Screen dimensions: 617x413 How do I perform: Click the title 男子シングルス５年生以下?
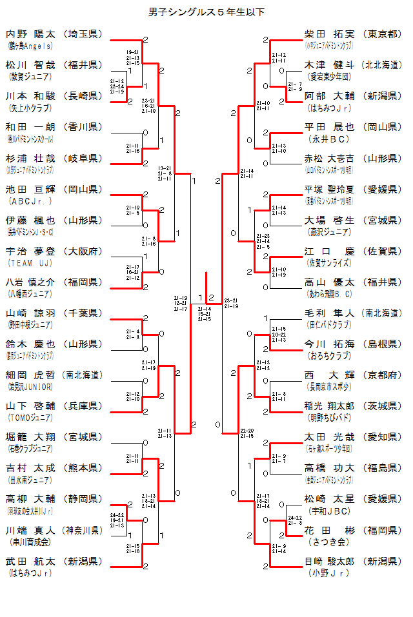[x=206, y=12]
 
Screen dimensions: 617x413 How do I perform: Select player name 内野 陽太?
[x=30, y=34]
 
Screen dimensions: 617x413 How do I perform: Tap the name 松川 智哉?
[x=30, y=65]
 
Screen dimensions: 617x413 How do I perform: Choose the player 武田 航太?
[x=30, y=561]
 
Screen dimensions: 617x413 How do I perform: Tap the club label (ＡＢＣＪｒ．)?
[x=30, y=201]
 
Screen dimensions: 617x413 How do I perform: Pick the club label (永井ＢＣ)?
[x=330, y=139]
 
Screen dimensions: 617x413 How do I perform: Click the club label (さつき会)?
[x=328, y=542]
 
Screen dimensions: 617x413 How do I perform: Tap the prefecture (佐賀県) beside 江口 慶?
[x=382, y=251]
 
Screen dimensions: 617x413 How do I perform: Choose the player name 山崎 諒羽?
[x=30, y=313]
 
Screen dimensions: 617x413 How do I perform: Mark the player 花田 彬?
[x=329, y=530]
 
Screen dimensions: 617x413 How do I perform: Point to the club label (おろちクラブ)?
[x=330, y=355]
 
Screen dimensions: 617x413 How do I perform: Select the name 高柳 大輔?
[x=30, y=499]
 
